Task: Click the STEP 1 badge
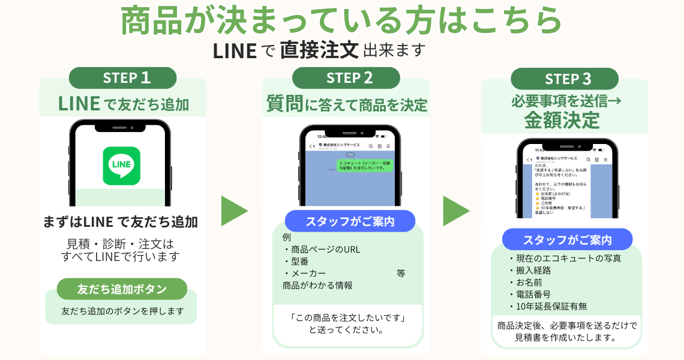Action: (x=122, y=78)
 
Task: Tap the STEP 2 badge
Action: (x=345, y=78)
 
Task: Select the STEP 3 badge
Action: (x=564, y=79)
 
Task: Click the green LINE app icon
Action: (x=121, y=166)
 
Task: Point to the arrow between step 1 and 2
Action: (x=234, y=211)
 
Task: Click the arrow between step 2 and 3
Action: (x=456, y=211)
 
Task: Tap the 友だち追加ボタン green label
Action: (x=122, y=289)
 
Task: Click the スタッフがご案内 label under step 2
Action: (x=350, y=221)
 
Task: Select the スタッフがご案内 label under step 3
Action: (x=567, y=239)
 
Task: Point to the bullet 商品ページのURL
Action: (x=322, y=250)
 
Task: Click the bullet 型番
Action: (x=298, y=262)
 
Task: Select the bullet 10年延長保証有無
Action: (x=547, y=307)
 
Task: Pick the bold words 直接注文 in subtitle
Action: (x=319, y=50)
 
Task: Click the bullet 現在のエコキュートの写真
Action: (x=565, y=259)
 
